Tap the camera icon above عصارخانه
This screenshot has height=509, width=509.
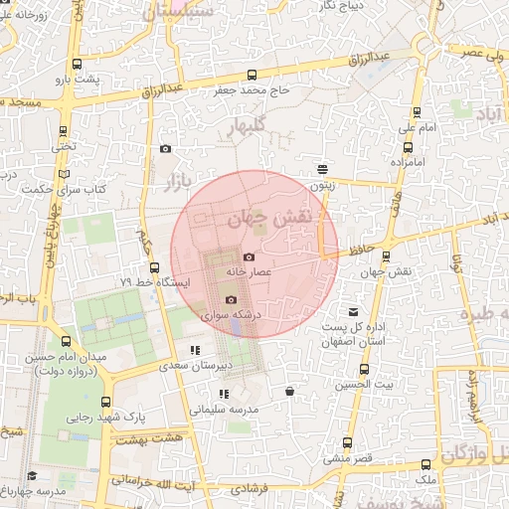249,257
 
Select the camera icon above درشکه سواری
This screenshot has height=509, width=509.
231,299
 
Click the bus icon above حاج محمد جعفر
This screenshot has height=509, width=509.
251,75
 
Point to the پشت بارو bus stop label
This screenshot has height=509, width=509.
79,78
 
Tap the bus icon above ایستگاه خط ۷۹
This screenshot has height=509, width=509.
154,267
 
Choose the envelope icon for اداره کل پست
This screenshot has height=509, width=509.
353,312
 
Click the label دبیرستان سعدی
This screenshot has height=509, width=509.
225,365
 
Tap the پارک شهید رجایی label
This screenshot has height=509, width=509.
99,418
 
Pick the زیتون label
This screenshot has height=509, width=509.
322,184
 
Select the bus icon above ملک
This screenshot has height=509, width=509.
425,465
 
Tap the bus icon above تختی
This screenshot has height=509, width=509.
65,131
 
